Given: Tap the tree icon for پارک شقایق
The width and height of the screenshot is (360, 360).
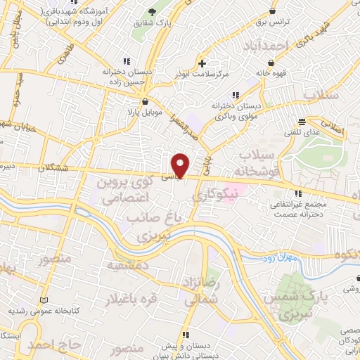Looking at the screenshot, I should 152,12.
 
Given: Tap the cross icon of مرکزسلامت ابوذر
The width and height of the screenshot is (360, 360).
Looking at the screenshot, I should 202,63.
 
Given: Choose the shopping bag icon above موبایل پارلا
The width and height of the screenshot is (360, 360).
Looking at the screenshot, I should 145,101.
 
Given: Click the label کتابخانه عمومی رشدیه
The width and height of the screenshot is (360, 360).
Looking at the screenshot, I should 49,309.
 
